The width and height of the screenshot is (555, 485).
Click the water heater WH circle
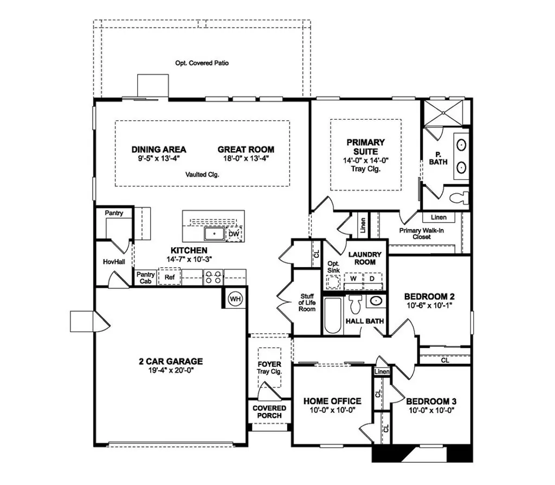(235, 299)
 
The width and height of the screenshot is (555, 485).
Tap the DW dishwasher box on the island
(234, 234)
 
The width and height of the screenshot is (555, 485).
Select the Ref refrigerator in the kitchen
(170, 277)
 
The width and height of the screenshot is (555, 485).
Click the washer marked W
(353, 279)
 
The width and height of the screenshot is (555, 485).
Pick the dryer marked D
(372, 279)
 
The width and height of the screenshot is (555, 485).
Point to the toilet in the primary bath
(460, 197)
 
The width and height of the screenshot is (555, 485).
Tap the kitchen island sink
(214, 234)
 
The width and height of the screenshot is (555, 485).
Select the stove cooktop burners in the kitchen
(212, 277)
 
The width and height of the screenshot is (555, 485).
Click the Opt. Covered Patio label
(202, 63)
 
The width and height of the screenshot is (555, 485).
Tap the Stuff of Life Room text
(308, 302)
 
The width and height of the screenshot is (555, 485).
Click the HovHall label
(114, 261)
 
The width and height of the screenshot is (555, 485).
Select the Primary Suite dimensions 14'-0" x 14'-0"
(366, 160)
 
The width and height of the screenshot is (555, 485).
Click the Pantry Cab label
(145, 277)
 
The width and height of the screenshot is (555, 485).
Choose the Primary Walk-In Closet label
(422, 234)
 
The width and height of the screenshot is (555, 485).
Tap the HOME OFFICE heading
(332, 401)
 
